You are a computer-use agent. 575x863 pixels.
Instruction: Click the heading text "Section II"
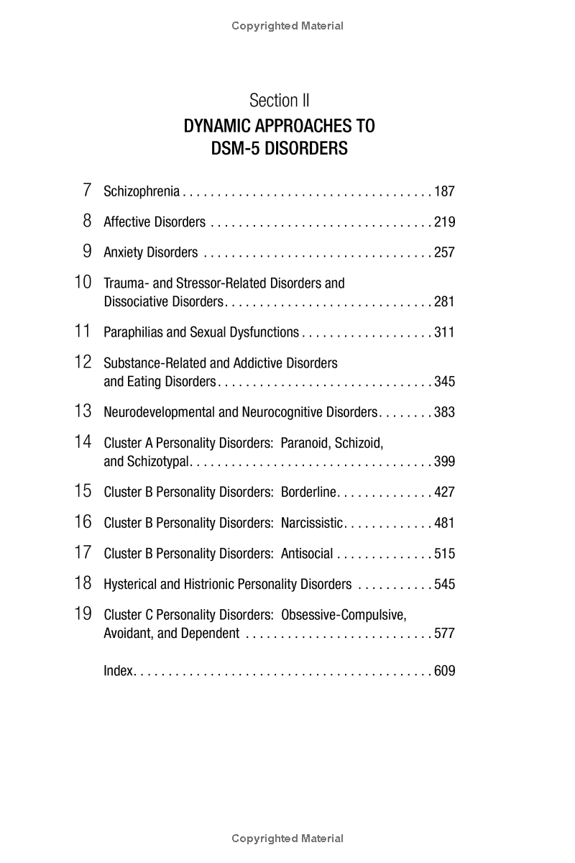279,101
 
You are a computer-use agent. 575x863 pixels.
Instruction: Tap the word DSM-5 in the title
235,149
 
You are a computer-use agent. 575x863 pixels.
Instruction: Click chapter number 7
87,190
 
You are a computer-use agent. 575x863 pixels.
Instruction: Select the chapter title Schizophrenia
142,191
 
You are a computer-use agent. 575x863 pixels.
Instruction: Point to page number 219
444,222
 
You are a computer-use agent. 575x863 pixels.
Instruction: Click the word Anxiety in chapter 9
124,252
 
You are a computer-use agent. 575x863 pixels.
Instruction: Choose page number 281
444,302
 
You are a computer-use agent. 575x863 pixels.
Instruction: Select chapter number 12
83,362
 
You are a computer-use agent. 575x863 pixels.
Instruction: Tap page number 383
444,413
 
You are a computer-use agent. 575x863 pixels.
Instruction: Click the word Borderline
308,493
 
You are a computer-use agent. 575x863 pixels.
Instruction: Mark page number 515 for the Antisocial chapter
444,554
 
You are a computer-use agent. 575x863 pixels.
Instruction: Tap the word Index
119,671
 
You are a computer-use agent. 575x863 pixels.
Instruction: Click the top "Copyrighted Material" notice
287,26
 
